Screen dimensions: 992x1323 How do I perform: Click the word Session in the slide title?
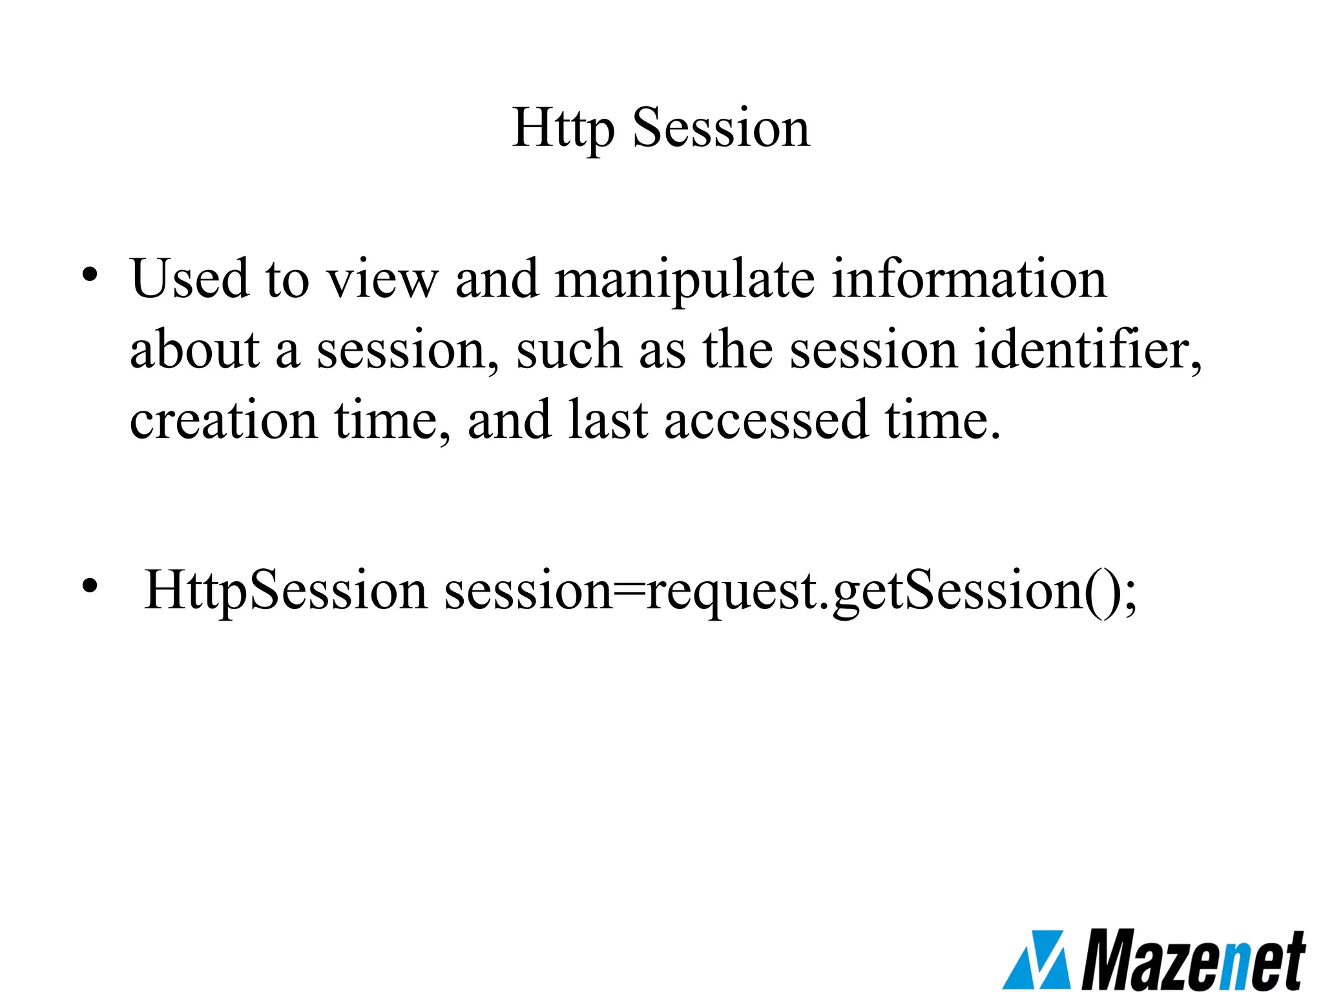click(x=720, y=129)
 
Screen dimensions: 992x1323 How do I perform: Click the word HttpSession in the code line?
click(x=285, y=590)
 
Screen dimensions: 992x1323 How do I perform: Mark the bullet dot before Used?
click(x=90, y=276)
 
